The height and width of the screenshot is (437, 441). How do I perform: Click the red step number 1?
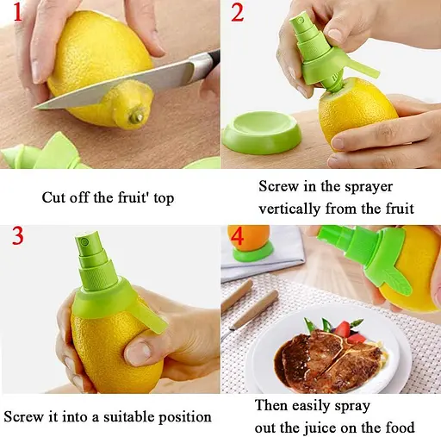pos(18,12)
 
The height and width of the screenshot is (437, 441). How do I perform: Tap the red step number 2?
pos(238,12)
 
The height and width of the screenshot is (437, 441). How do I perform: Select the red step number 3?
pos(18,235)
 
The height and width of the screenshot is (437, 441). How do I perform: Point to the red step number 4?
pos(237,236)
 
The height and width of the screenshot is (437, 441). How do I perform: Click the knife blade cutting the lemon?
pos(121,85)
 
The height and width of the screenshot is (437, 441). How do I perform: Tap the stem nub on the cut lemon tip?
pos(136,116)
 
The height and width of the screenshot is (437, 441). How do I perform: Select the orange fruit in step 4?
pos(249,238)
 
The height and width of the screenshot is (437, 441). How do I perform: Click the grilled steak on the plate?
pos(327,360)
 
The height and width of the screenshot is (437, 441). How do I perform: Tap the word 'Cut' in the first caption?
pos(53,197)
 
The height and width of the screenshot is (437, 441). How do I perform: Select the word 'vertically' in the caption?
pos(289,209)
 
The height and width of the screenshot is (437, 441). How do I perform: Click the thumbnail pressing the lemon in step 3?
pos(138,353)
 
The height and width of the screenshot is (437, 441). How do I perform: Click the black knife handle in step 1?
pos(213,59)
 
